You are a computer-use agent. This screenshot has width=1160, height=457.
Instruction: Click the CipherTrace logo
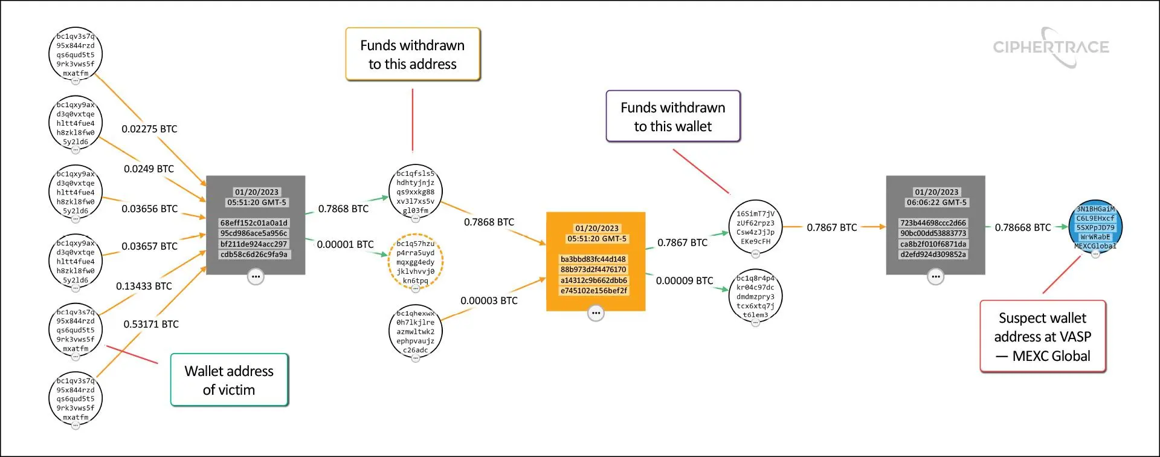1051,47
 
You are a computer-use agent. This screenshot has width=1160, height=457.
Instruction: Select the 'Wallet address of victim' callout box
229,380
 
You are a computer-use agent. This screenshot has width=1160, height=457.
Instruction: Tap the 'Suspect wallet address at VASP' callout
1043,337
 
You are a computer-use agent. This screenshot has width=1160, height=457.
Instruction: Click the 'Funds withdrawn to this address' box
413,54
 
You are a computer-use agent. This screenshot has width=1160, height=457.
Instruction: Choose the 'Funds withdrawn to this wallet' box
673,117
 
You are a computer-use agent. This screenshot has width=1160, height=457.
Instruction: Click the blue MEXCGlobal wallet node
1095,228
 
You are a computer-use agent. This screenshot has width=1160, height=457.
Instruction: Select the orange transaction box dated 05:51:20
596,261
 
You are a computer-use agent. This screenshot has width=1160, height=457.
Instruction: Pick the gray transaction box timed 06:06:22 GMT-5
935,225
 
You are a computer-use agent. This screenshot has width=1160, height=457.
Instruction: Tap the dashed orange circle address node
416,262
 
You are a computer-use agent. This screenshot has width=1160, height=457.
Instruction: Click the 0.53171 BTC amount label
151,325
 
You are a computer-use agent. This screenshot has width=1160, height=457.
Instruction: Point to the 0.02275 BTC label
149,129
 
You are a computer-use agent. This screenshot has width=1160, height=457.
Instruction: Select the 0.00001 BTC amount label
345,245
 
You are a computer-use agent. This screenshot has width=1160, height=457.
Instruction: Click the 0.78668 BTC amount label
1023,228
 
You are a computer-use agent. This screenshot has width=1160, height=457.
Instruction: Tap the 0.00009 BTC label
685,281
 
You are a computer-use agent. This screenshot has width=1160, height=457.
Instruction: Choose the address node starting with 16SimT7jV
755,227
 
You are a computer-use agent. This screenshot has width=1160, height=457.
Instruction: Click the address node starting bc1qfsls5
416,192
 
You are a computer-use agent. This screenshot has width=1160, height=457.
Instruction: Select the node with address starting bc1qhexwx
416,331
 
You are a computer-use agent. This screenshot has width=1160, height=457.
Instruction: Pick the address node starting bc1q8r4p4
755,296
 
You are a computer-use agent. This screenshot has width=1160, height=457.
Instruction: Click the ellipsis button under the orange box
596,313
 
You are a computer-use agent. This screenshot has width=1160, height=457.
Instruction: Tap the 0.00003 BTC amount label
489,301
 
